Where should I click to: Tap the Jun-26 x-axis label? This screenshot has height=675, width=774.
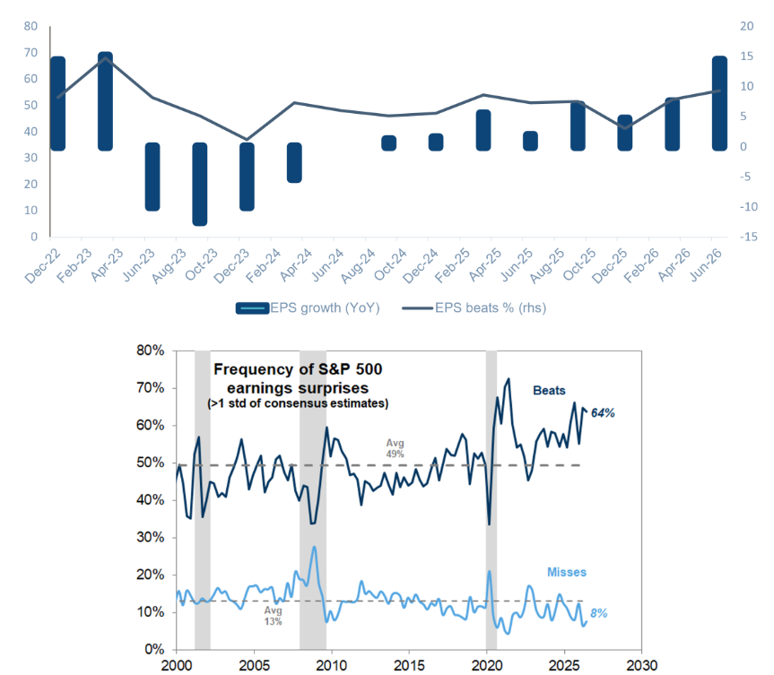706,265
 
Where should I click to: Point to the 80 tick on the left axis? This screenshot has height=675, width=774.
30,26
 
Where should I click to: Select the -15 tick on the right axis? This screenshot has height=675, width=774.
748,237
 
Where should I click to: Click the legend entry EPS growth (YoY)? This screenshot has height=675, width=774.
308,307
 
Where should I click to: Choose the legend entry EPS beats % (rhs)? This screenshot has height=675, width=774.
474,307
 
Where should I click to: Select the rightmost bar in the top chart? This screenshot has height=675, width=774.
719,103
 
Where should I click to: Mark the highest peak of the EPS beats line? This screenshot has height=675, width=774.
106,57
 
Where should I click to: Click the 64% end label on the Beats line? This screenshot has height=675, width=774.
603,413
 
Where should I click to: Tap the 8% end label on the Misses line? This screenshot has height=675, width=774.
599,613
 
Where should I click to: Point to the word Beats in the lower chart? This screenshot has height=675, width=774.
549,390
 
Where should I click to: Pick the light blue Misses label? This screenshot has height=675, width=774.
567,572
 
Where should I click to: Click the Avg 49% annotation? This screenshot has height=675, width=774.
395,448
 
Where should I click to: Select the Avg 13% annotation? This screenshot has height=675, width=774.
273,616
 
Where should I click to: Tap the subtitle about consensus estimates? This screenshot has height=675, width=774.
298,403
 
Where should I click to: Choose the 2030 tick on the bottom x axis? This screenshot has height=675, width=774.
641,665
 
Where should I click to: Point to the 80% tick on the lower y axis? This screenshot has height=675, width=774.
150,350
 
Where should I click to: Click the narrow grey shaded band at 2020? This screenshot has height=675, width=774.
491,500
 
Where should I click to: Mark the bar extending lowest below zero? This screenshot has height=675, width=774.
200,184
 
